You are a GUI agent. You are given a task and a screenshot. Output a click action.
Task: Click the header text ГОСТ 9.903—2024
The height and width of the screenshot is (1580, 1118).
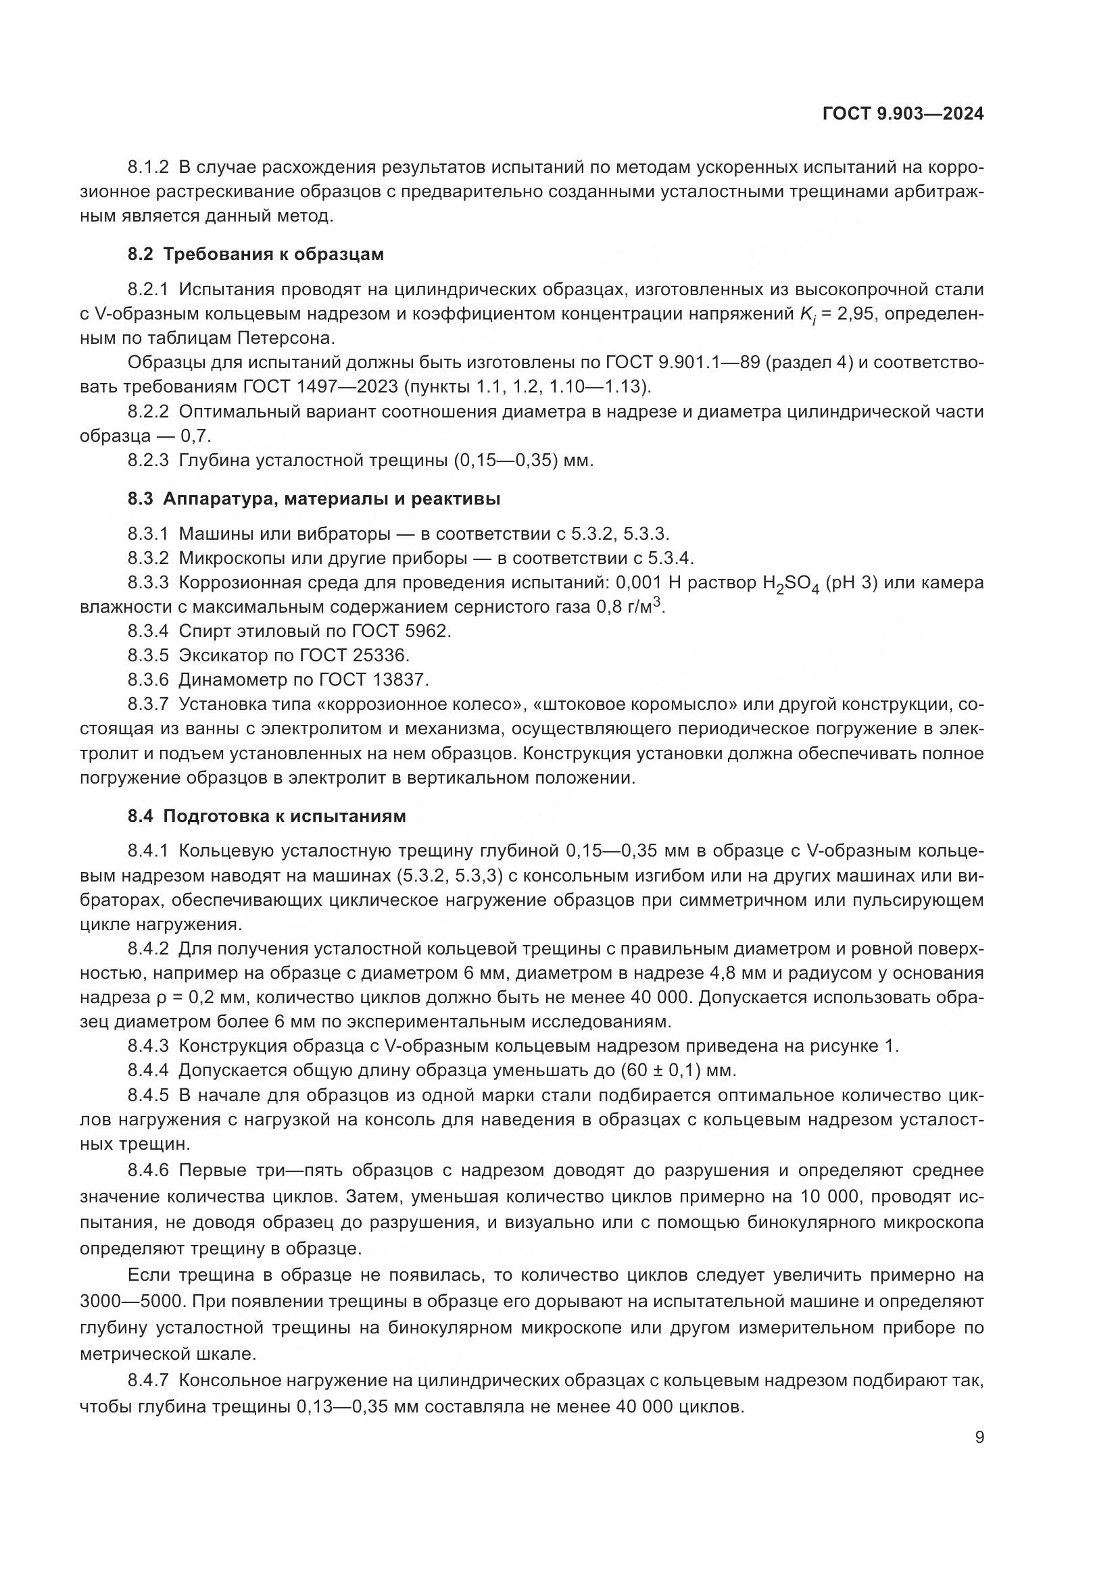click(902, 114)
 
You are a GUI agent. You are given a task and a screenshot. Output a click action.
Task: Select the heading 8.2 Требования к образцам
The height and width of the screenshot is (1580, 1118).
click(256, 255)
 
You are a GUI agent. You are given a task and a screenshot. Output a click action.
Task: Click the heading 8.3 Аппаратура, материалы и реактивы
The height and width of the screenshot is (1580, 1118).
click(314, 499)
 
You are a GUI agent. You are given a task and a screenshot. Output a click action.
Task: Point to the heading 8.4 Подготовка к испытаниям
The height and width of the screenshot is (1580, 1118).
click(266, 816)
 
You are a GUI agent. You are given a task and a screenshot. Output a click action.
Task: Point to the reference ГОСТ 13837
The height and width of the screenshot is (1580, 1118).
click(373, 680)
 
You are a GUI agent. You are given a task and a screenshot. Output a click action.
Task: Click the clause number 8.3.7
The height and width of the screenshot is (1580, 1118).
click(148, 705)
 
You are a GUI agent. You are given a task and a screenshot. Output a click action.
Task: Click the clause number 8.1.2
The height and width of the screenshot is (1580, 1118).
click(148, 168)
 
